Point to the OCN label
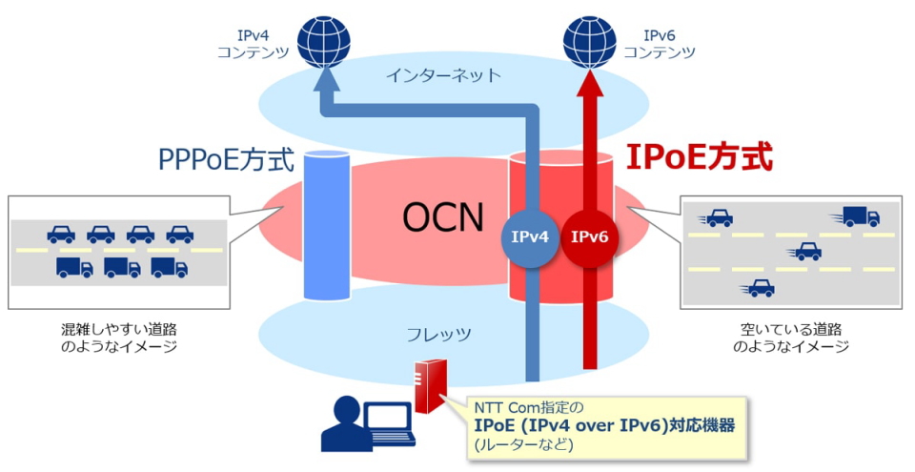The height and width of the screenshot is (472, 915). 441,218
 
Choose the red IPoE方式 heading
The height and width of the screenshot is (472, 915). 698,156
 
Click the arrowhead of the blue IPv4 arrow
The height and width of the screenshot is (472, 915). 324,88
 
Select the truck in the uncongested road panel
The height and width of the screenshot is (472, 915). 859,216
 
